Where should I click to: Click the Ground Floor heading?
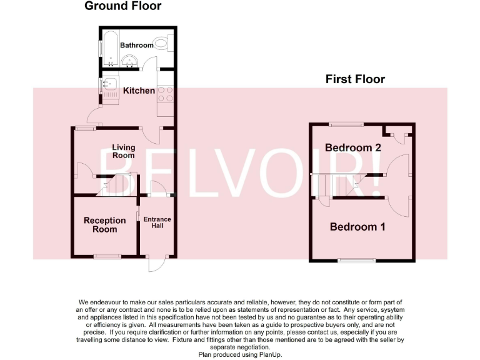tap(122, 6)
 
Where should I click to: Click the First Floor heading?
tap(355, 79)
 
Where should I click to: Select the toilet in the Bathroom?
tap(162, 44)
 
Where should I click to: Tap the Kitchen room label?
tap(139, 91)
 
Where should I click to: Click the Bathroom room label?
tap(136, 45)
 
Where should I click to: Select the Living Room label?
tap(123, 151)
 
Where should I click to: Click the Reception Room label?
tap(104, 224)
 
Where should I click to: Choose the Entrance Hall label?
tap(157, 223)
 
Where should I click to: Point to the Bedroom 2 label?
tap(352, 147)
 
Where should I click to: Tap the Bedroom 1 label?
tap(357, 227)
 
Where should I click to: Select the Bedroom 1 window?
tap(356, 260)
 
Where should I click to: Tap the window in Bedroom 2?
tap(346, 124)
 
